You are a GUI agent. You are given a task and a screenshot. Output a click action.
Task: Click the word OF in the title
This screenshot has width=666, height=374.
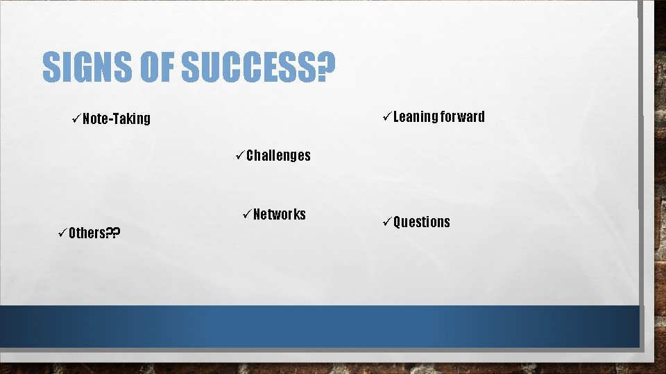point(157,66)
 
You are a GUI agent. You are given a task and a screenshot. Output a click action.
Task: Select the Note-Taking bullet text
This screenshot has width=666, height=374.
point(116,119)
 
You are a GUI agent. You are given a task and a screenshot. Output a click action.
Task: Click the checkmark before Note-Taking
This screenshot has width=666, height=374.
point(76,118)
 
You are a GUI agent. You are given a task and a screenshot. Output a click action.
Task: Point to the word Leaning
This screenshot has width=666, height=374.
point(414,116)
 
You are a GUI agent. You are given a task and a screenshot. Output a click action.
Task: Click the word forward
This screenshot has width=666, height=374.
point(461,116)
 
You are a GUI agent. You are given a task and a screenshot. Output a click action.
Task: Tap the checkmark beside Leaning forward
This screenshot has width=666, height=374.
point(386,116)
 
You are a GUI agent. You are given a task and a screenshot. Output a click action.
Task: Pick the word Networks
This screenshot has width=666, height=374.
point(279,214)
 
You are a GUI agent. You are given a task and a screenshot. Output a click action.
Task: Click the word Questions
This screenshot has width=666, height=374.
point(421,222)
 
